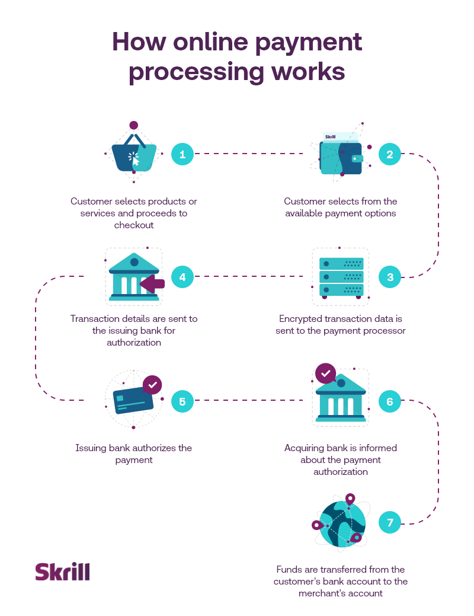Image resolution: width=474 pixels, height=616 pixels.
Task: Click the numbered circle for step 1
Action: click(182, 154)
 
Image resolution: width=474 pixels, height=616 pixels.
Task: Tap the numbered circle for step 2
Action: click(389, 154)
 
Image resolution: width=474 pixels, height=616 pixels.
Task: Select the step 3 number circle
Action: click(389, 277)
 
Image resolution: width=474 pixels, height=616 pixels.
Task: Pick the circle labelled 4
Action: click(182, 277)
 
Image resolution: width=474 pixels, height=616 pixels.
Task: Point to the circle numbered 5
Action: click(182, 401)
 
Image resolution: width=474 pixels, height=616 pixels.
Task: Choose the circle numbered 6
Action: click(389, 401)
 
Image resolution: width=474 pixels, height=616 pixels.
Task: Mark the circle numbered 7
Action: click(389, 523)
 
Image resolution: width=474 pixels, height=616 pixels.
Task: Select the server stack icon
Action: click(341, 277)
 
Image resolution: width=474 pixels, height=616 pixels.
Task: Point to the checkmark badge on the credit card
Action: click(152, 385)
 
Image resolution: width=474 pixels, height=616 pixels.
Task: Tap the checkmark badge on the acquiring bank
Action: click(325, 374)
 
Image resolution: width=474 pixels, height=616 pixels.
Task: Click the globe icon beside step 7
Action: click(342, 523)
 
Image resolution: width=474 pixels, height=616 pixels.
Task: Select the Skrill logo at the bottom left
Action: click(62, 572)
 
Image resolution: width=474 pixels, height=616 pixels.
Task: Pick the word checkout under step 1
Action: click(134, 225)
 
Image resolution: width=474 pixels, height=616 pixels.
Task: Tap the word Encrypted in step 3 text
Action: click(302, 318)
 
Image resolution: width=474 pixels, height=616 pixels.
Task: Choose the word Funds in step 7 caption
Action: click(290, 569)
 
